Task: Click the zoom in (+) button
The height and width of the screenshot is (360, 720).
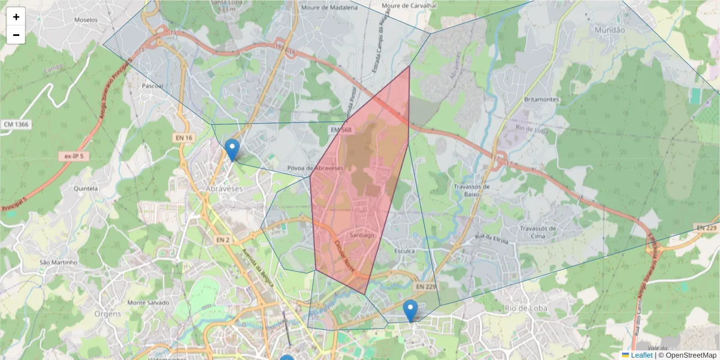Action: (x=16, y=17)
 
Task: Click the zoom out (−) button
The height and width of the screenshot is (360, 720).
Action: (x=16, y=35)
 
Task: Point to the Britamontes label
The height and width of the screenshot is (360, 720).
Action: (x=542, y=100)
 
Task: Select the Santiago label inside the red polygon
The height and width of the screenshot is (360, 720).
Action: (x=362, y=235)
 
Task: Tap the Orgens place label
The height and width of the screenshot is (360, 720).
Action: (x=108, y=314)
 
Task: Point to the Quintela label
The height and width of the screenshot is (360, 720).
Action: (x=85, y=188)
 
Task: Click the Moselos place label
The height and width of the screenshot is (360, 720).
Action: (x=86, y=20)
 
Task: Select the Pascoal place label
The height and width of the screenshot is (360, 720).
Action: (x=152, y=86)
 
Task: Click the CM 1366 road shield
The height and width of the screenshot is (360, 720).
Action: (x=16, y=124)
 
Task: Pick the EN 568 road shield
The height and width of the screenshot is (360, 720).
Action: (x=337, y=129)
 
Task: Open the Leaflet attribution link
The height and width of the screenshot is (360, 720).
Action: (x=641, y=355)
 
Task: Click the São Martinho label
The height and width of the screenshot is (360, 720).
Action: (x=58, y=262)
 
